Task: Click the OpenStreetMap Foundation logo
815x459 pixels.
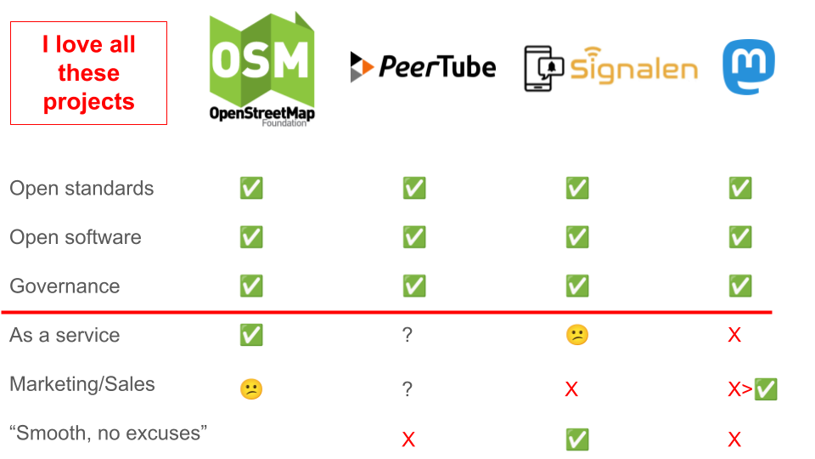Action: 261,69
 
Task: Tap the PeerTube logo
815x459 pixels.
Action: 423,66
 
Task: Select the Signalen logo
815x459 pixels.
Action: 610,68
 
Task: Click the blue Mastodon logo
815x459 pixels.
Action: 748,67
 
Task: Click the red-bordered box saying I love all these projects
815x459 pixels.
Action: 88,73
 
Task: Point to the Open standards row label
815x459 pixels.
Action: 81,189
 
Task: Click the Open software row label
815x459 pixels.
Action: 76,237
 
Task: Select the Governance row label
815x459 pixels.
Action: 65,286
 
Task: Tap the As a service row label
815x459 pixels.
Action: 65,335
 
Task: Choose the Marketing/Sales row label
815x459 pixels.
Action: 82,384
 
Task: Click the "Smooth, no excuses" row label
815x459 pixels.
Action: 109,433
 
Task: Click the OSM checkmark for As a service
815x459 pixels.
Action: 251,335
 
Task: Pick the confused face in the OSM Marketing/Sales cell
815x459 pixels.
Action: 251,389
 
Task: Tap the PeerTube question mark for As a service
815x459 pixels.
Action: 407,336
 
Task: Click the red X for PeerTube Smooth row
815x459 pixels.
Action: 408,439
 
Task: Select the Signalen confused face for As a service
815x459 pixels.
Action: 577,336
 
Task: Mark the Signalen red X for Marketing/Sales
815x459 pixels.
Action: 571,390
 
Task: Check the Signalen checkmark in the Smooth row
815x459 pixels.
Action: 577,439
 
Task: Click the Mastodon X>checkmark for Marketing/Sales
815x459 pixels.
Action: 752,390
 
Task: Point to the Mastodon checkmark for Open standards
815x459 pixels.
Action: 740,189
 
